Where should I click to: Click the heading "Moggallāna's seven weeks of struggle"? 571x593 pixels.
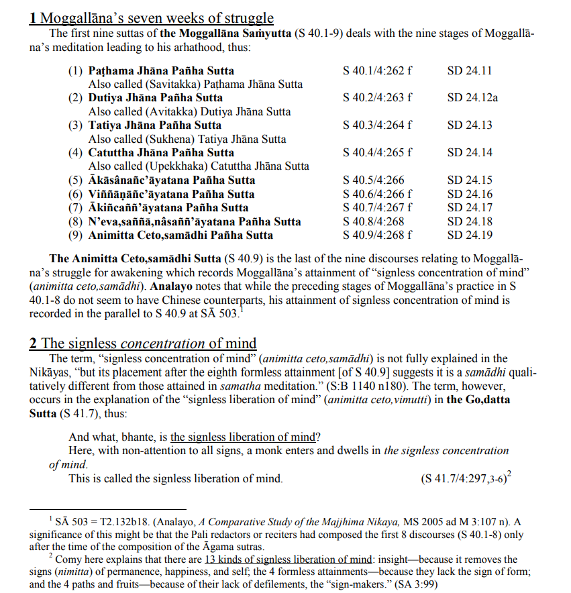[152, 18]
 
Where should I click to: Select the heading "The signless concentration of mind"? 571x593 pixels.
[142, 344]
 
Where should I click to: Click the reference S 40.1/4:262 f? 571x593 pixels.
[376, 70]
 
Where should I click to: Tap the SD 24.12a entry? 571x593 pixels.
[472, 98]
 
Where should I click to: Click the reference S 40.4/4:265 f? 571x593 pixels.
[376, 153]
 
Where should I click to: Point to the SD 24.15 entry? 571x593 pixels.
[470, 180]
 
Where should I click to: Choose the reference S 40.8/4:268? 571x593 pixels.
[373, 221]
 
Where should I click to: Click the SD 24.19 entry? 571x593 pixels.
[470, 235]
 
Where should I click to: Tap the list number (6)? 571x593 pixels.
[76, 195]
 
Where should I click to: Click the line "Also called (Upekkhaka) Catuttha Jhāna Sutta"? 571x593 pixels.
[199, 166]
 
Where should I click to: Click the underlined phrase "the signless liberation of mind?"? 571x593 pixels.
[242, 437]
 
